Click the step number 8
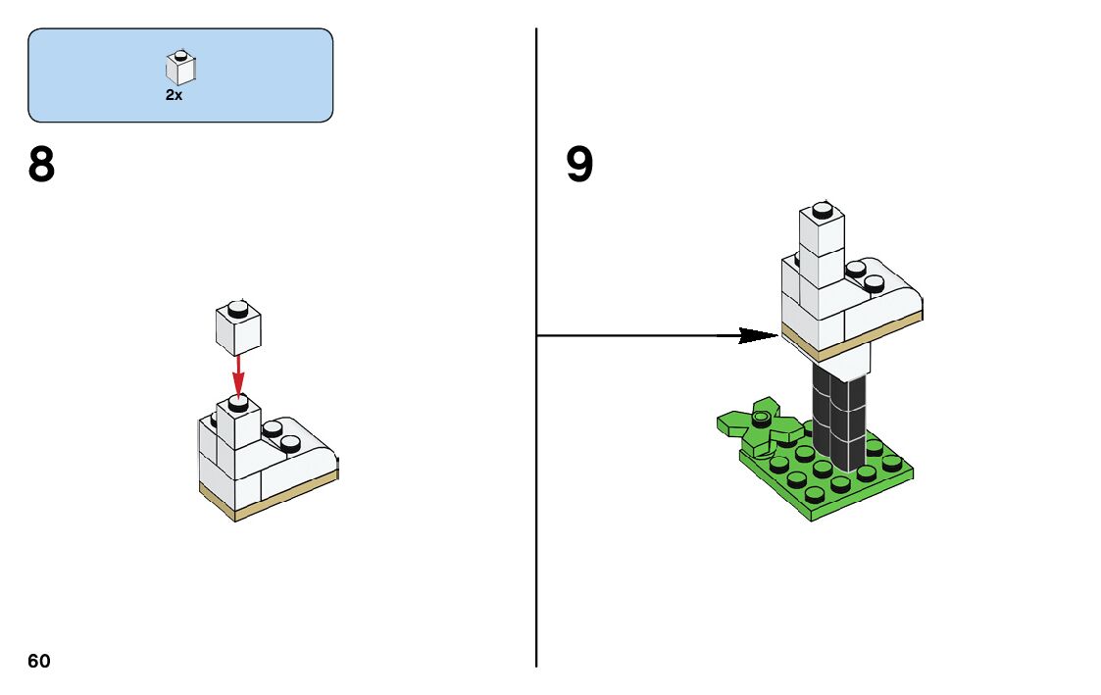pos(42,166)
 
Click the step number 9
pos(579,166)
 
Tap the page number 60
pos(39,661)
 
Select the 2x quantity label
pos(174,95)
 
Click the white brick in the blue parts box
pos(179,68)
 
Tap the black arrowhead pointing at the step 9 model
pos(759,335)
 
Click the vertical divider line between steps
pos(536,490)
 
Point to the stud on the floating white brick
pos(236,309)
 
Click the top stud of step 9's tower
pos(823,208)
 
